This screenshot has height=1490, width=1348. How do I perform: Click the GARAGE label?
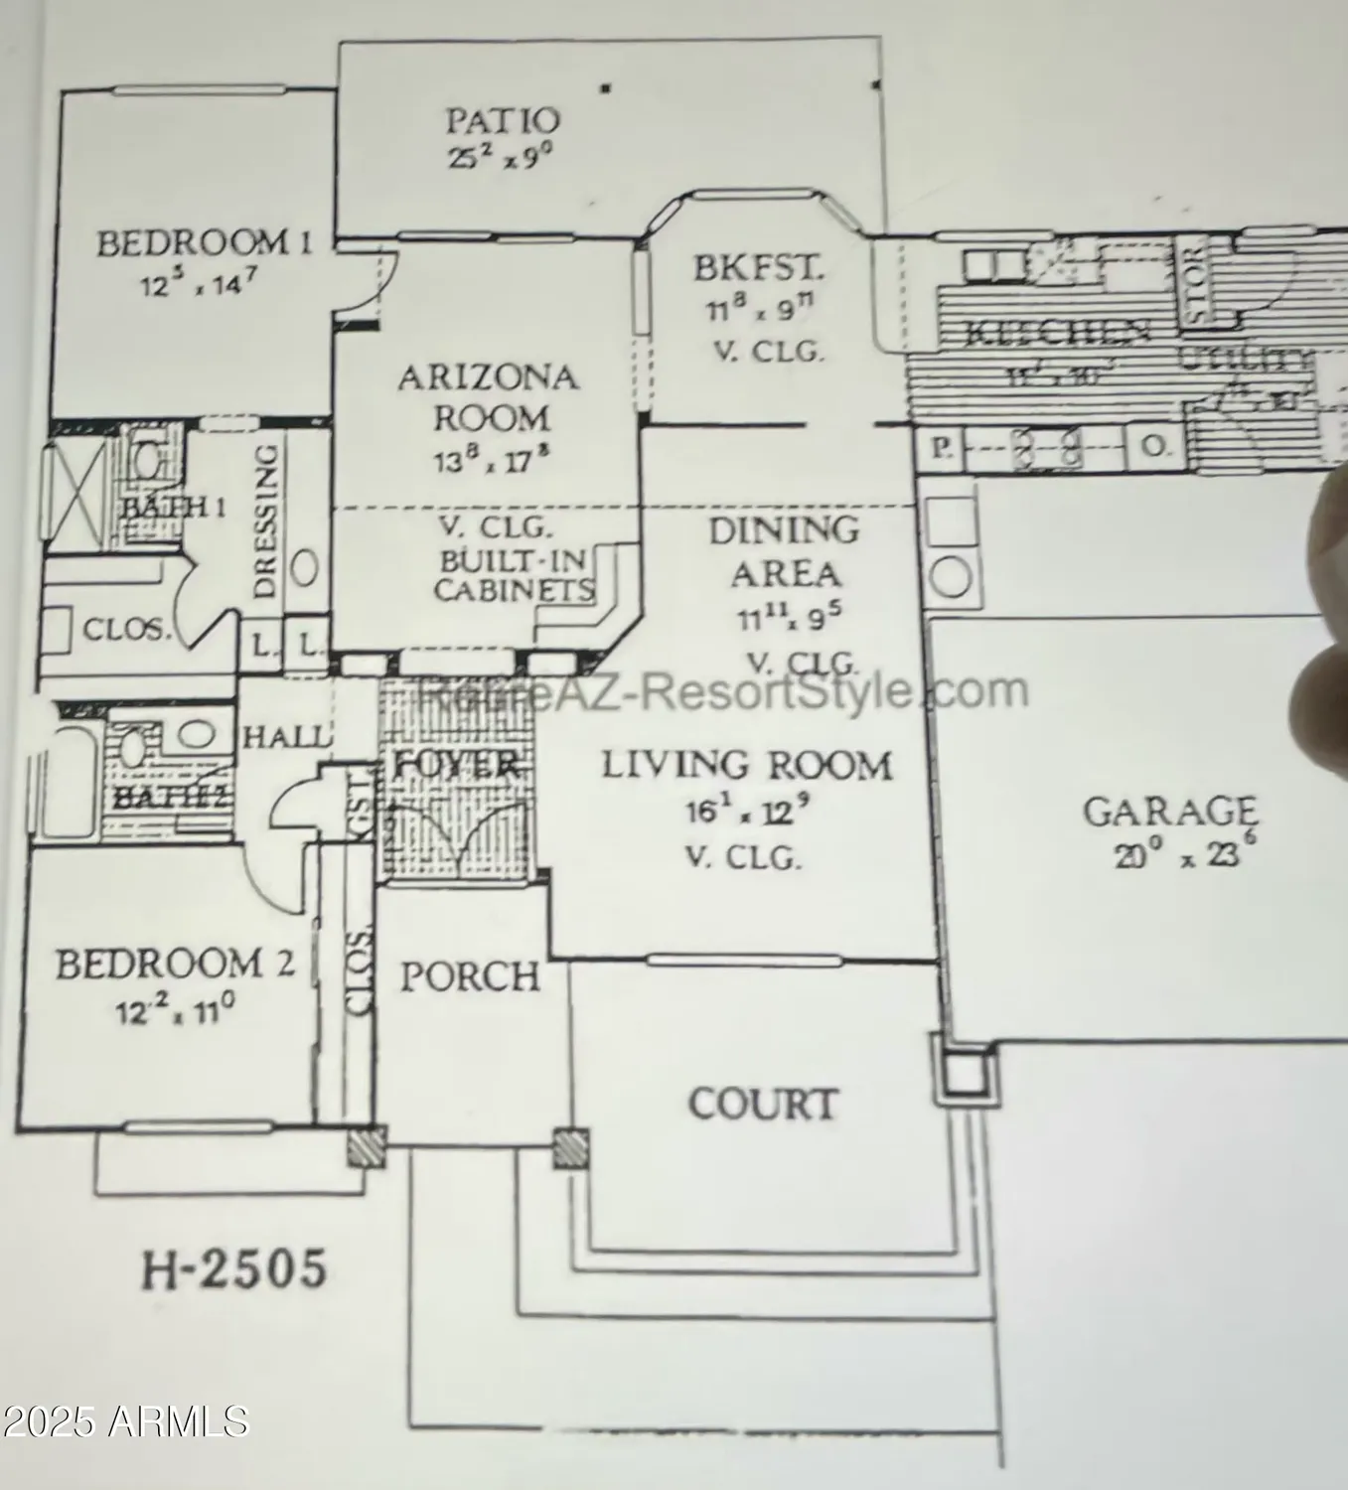click(x=1168, y=812)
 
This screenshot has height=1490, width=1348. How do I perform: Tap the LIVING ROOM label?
click(x=746, y=766)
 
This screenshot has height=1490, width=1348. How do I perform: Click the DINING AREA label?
click(x=784, y=552)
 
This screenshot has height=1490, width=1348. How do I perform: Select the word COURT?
click(x=763, y=1104)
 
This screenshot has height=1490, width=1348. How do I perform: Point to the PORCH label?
click(x=469, y=977)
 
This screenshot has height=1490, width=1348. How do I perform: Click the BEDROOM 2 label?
click(x=174, y=964)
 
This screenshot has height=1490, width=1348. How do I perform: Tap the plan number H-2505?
click(x=234, y=1269)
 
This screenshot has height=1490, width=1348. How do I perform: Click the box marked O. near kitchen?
click(x=1152, y=447)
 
